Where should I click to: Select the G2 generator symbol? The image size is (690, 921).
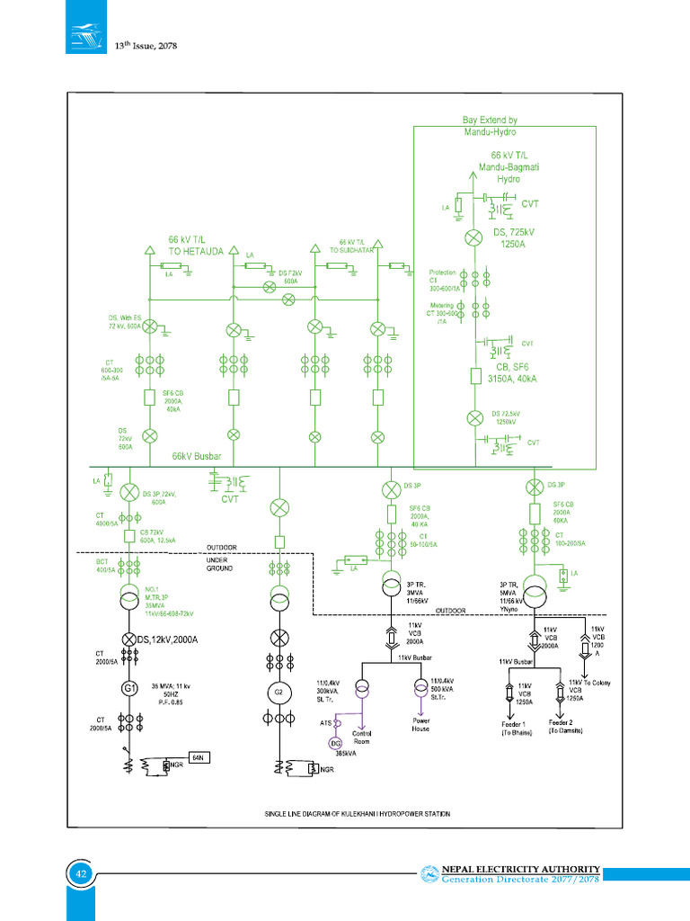tap(279, 693)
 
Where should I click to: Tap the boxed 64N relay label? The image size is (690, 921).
tap(199, 758)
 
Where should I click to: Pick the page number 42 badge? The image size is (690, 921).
tap(80, 874)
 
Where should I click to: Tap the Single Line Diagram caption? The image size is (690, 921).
tap(357, 813)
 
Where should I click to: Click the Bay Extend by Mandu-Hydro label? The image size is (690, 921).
tap(490, 126)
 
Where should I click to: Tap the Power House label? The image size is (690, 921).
tap(420, 724)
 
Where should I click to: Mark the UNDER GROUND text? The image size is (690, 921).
tap(220, 564)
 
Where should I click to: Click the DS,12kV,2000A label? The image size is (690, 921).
tap(179, 639)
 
